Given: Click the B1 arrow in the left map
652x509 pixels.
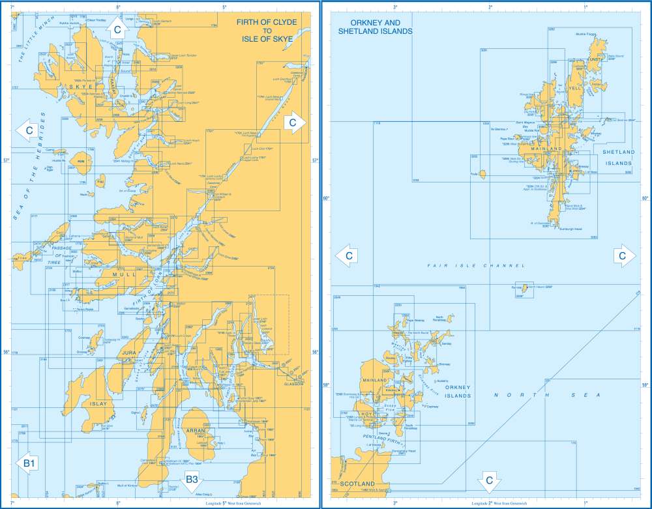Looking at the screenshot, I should click(29, 463).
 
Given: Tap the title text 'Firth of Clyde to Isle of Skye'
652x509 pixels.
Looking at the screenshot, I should click(265, 30).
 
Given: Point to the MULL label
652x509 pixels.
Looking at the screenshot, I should click(124, 275).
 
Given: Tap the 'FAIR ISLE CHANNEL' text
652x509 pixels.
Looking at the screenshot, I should click(476, 266).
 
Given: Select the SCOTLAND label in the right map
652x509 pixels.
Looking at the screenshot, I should click(358, 484).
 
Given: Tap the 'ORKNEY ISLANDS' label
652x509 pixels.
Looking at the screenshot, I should click(458, 392).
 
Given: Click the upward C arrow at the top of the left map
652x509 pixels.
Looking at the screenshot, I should click(117, 29).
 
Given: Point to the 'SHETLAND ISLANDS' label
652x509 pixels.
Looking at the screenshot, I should click(617, 157).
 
